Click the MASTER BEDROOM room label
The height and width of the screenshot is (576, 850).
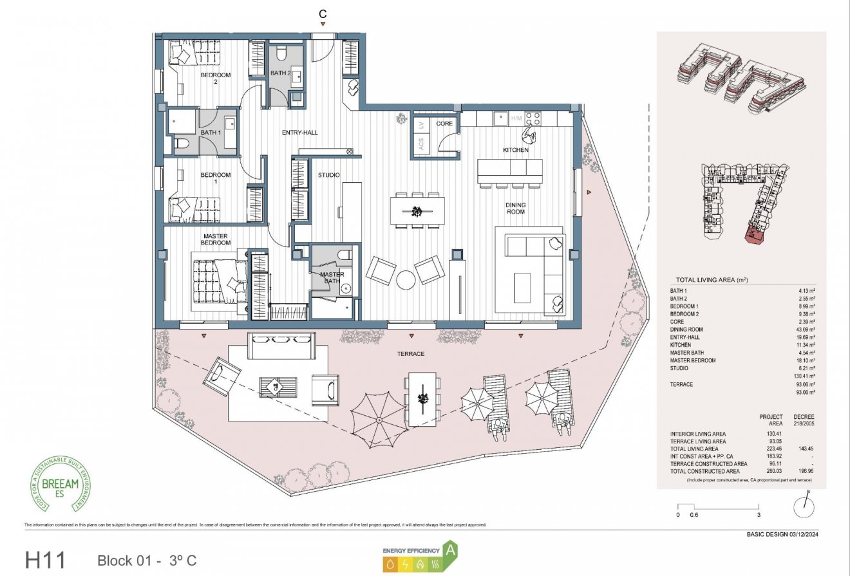point(215,239)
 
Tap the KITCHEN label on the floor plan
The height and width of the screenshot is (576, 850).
point(516,150)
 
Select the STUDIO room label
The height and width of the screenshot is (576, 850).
point(328,175)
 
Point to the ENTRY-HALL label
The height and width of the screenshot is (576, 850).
point(299,133)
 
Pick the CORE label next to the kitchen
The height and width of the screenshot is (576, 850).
point(444,123)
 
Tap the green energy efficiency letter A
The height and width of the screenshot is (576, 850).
point(451,550)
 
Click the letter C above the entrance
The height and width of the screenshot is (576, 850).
point(323,13)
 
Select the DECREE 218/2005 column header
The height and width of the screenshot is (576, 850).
point(804,420)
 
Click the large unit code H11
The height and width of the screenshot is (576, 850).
point(45,559)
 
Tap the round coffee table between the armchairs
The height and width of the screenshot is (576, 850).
point(406,279)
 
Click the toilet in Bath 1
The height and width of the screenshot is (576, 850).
point(180,144)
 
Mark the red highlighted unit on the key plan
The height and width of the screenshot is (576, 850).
point(753,235)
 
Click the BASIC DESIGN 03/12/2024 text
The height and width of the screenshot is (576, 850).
point(782,534)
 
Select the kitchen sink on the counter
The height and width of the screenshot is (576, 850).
point(498,118)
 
